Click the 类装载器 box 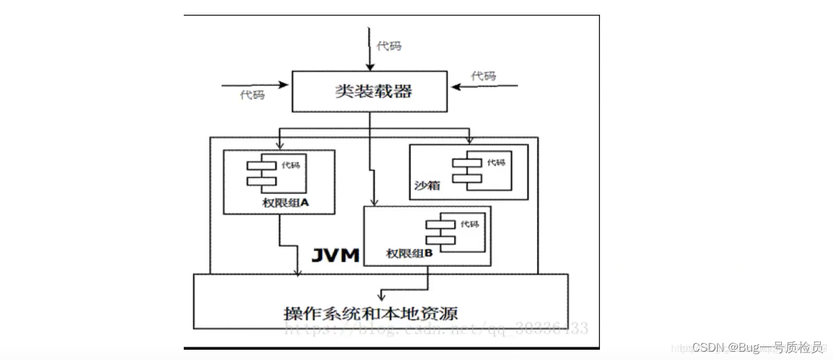point(369,92)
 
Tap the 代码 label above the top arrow point(389,46)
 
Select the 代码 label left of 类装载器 point(252,95)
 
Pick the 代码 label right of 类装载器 point(483,76)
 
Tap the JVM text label point(336,255)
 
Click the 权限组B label point(410,254)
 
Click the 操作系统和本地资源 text point(371,314)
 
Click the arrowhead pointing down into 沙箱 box point(469,140)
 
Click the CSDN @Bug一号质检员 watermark point(757,347)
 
